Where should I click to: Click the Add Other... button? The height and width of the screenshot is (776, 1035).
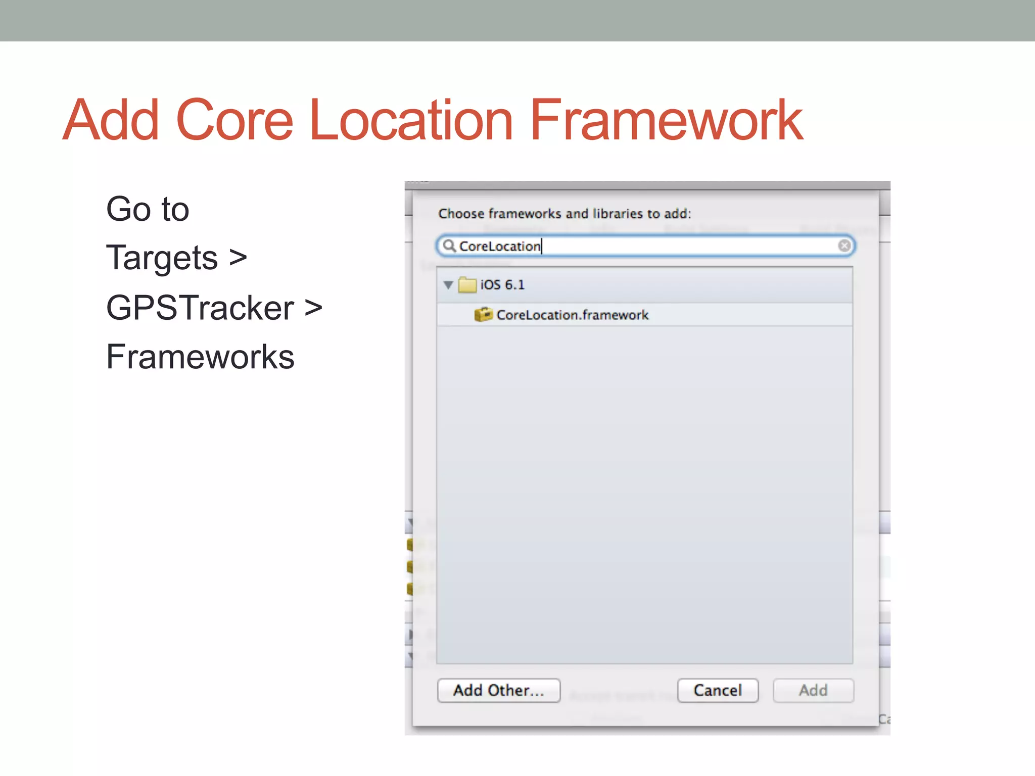click(498, 690)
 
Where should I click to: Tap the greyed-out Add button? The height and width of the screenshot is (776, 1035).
click(813, 690)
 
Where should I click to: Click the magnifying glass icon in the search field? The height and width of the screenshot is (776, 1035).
click(449, 246)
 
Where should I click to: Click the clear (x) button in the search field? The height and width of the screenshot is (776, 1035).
click(844, 246)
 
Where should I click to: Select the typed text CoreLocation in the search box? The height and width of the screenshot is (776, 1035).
click(499, 246)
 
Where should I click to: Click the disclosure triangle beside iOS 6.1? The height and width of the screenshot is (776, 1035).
click(448, 285)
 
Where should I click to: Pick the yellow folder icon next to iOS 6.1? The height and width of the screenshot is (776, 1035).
click(467, 285)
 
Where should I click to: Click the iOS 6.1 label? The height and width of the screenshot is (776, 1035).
click(502, 285)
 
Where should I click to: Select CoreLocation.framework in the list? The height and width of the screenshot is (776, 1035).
click(572, 315)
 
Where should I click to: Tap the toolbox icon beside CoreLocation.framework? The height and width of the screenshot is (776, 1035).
click(483, 315)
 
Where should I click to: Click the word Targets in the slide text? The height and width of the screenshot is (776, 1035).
click(162, 258)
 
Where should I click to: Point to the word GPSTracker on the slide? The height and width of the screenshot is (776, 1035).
click(200, 308)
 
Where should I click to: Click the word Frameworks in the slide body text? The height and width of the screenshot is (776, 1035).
click(200, 357)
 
